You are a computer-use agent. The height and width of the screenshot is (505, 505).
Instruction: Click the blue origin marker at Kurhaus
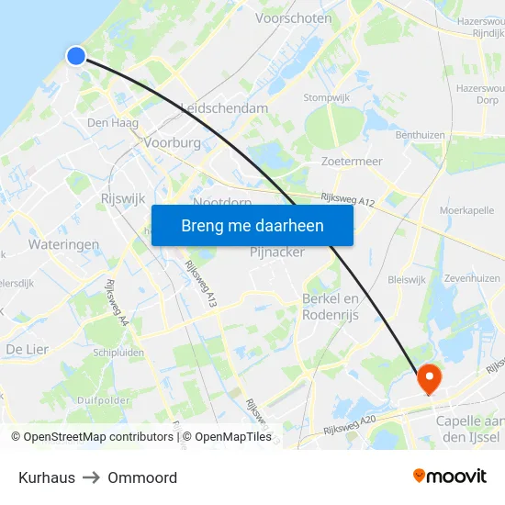pyautogui.click(x=76, y=56)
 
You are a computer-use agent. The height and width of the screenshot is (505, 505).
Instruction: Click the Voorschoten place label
pyautogui.click(x=294, y=17)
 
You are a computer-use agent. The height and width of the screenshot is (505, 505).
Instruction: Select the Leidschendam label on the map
pyautogui.click(x=225, y=108)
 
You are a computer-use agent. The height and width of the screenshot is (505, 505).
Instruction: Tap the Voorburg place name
pyautogui.click(x=172, y=143)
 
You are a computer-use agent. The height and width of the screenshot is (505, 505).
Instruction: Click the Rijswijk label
pyautogui.click(x=122, y=197)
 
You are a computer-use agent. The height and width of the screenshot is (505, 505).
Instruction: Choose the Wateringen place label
pyautogui.click(x=63, y=245)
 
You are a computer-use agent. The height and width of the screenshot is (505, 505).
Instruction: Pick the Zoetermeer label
pyautogui.click(x=352, y=162)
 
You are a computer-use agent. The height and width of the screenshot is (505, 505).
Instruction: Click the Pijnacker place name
pyautogui.click(x=277, y=252)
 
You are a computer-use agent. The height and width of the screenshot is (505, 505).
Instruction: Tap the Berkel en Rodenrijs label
pyautogui.click(x=331, y=307)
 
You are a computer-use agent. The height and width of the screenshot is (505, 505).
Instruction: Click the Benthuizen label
pyautogui.click(x=420, y=135)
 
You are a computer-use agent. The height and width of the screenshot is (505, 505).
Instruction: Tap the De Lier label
pyautogui.click(x=27, y=349)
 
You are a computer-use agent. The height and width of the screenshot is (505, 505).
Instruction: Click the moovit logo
pyautogui.click(x=450, y=477)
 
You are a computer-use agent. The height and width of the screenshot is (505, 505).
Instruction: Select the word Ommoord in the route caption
pyautogui.click(x=142, y=477)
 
